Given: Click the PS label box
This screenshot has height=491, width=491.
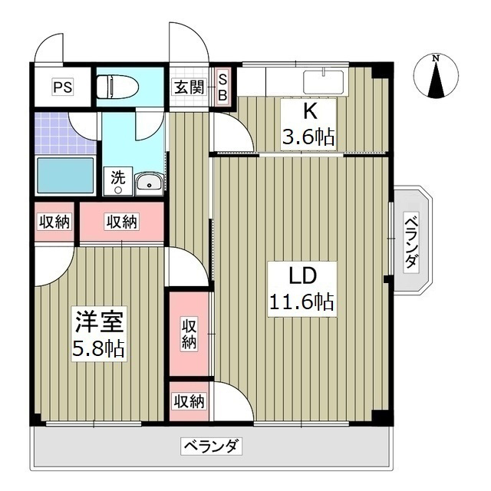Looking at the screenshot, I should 62,87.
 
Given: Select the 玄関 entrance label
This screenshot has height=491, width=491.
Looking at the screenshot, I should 189,87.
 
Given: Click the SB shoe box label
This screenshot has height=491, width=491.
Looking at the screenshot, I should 223,87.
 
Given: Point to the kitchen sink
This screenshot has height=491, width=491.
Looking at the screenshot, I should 325,82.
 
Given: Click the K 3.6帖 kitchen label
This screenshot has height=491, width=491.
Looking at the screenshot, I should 310,124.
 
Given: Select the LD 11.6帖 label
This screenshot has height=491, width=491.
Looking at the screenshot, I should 302,288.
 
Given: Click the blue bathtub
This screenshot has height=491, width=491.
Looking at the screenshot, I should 65,176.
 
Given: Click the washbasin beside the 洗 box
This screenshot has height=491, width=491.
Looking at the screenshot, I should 148,183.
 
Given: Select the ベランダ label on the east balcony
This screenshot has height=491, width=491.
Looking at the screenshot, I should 412,241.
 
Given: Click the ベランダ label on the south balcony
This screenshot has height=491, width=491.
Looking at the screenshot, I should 212,445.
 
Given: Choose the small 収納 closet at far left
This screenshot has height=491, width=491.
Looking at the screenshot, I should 54,222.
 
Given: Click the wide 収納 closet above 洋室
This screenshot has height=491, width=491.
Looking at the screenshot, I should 122,222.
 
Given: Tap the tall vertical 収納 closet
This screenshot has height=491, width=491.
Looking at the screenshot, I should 189,333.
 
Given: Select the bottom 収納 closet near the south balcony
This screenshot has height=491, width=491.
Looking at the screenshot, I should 189,400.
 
